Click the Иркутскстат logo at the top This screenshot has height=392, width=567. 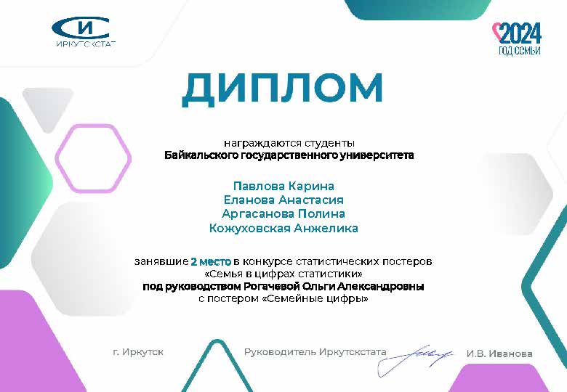point(84,33)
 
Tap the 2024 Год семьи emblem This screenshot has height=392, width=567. point(518,39)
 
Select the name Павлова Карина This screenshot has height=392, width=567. point(283,186)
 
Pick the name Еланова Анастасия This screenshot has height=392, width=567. point(283,200)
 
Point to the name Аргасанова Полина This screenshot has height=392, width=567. point(283,213)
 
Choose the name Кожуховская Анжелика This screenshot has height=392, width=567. point(283,228)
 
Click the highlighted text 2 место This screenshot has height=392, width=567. point(211,261)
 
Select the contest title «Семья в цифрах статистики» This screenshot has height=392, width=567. point(283,274)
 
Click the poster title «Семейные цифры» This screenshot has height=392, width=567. point(315,299)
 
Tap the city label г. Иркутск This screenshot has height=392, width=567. point(138,351)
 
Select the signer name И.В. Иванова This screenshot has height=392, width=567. point(499,354)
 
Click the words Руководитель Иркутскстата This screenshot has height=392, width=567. point(315,351)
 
